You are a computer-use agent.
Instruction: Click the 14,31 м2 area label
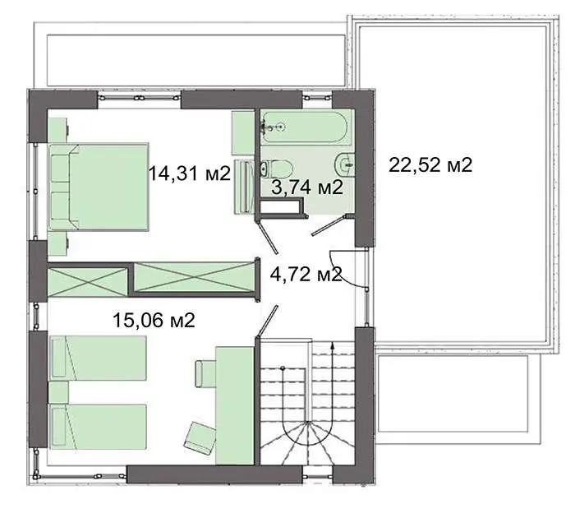coord(189,173)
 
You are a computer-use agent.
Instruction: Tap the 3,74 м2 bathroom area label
coord(307,187)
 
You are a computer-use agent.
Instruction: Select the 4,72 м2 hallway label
coord(306,274)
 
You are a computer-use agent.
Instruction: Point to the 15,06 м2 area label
coord(154,320)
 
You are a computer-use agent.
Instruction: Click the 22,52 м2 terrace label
coord(430,164)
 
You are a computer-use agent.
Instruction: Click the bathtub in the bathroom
coord(304,127)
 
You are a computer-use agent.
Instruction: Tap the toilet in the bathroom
coord(277,169)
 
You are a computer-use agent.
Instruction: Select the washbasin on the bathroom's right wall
coord(345,165)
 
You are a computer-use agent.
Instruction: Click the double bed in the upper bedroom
coord(99,187)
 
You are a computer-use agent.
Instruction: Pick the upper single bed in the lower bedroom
coord(98,358)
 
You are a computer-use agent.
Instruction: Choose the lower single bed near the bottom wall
coord(98,427)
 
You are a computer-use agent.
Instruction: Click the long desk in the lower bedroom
coord(235,405)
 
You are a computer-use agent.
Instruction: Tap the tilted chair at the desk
coord(200,438)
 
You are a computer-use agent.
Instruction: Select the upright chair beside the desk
coord(205,373)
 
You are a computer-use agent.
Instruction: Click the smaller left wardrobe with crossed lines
coord(87,282)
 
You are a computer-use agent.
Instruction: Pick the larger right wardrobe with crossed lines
coord(195,277)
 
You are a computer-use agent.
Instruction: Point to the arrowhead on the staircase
coord(332,345)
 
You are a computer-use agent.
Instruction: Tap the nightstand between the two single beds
coord(58,392)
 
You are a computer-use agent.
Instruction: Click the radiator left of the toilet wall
coord(244,186)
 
